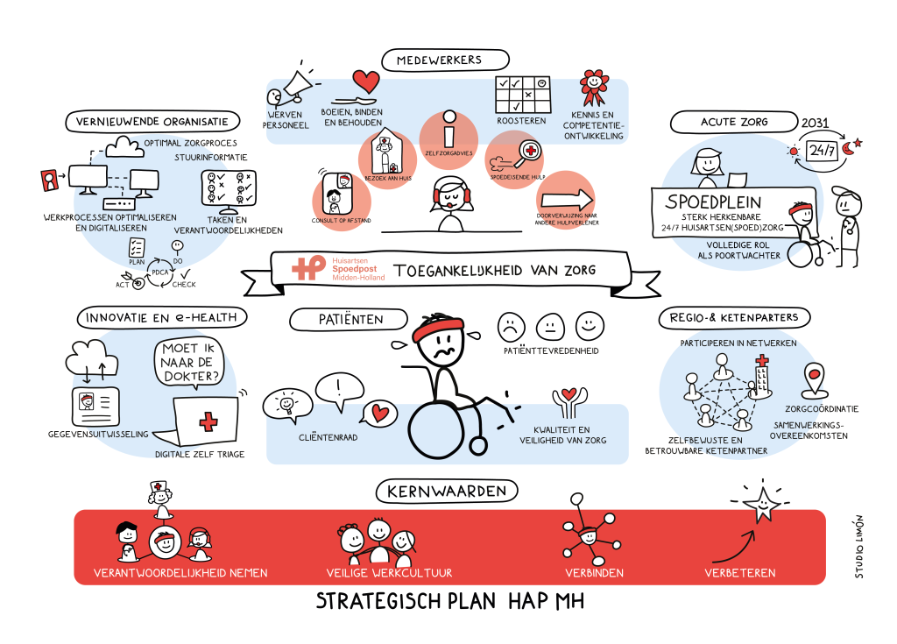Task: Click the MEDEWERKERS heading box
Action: [445, 60]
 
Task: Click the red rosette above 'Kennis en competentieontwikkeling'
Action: [595, 84]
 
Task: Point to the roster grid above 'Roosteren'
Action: [521, 94]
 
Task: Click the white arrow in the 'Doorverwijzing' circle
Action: [566, 196]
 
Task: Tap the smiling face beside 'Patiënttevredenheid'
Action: [590, 327]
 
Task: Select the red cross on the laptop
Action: [208, 423]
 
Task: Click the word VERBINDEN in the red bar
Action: [594, 573]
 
